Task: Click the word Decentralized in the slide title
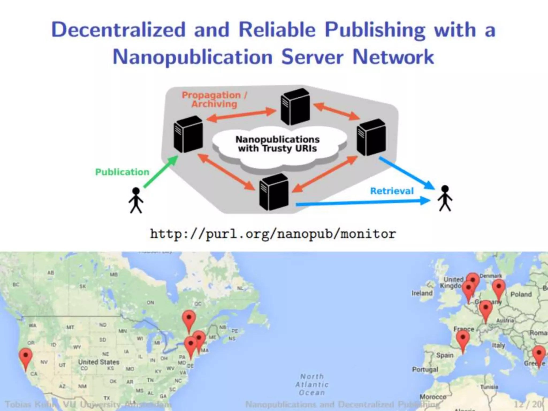118,30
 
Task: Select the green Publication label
122,172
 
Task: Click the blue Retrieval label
392,191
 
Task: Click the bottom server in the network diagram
274,192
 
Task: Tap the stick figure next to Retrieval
445,198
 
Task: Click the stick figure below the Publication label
136,200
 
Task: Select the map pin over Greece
539,355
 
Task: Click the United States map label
98,362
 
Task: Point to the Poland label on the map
521,294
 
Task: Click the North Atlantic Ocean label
312,385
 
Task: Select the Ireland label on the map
422,293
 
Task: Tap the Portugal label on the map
425,370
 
